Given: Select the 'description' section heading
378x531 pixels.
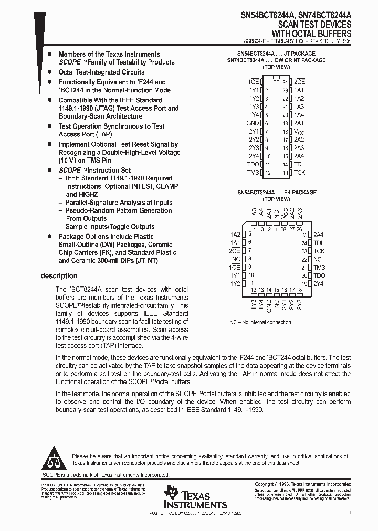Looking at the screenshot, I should point(59,276).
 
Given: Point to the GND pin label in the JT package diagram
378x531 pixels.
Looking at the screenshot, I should point(253,123).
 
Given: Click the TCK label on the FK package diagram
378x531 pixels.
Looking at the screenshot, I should point(319,251).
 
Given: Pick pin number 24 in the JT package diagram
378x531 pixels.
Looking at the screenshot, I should point(285,82).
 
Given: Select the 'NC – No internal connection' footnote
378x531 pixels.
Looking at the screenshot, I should point(260,322).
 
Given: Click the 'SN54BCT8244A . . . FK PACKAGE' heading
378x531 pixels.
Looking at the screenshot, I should point(277,193).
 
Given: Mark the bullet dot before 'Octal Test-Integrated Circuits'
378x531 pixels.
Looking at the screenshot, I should point(49,72).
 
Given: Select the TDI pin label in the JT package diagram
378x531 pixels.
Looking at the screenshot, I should point(299,164).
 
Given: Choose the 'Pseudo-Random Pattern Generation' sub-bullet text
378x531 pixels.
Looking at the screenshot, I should point(118,210).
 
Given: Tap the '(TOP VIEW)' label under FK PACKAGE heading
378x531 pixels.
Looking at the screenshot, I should point(276,199).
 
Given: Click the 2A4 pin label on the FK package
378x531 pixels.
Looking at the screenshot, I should point(319,235).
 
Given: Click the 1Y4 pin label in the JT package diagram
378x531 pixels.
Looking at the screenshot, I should point(254,115).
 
